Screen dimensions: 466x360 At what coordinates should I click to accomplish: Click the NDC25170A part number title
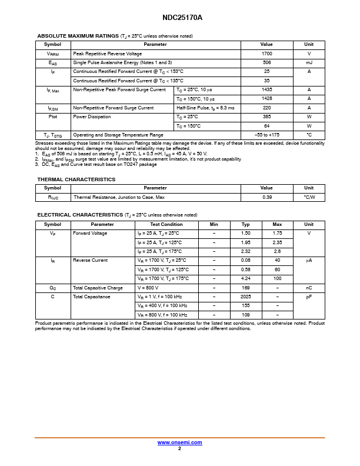tap(179, 18)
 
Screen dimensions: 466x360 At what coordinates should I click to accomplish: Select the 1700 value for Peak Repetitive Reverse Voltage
tap(266, 54)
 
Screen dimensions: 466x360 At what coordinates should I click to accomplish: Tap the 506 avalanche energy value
tap(266, 62)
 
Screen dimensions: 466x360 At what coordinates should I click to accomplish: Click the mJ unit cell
tap(309, 62)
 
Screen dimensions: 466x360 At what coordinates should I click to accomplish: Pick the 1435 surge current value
tap(266, 89)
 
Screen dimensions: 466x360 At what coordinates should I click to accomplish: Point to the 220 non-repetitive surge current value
tap(266, 108)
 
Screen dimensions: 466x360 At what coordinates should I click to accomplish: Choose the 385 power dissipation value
tap(266, 116)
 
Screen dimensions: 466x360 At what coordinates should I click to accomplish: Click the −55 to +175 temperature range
tap(266, 135)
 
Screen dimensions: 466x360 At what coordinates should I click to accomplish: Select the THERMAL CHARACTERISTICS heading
tap(76, 179)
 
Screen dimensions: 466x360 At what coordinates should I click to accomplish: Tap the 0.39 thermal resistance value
tap(266, 197)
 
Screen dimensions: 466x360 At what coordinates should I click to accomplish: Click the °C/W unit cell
tap(309, 197)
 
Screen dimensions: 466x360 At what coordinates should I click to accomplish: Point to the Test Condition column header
tap(166, 224)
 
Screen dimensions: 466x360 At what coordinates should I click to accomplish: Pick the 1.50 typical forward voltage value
tap(246, 233)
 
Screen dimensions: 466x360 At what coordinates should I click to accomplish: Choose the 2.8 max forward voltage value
tap(277, 251)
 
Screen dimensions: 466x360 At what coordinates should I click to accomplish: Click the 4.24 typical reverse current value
tap(246, 278)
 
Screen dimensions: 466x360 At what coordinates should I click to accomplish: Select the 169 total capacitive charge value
tap(246, 288)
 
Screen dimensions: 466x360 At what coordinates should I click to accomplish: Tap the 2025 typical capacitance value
tap(246, 297)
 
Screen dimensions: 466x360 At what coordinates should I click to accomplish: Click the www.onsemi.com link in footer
tap(179, 442)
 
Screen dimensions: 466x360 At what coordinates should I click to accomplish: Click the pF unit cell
tap(309, 297)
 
